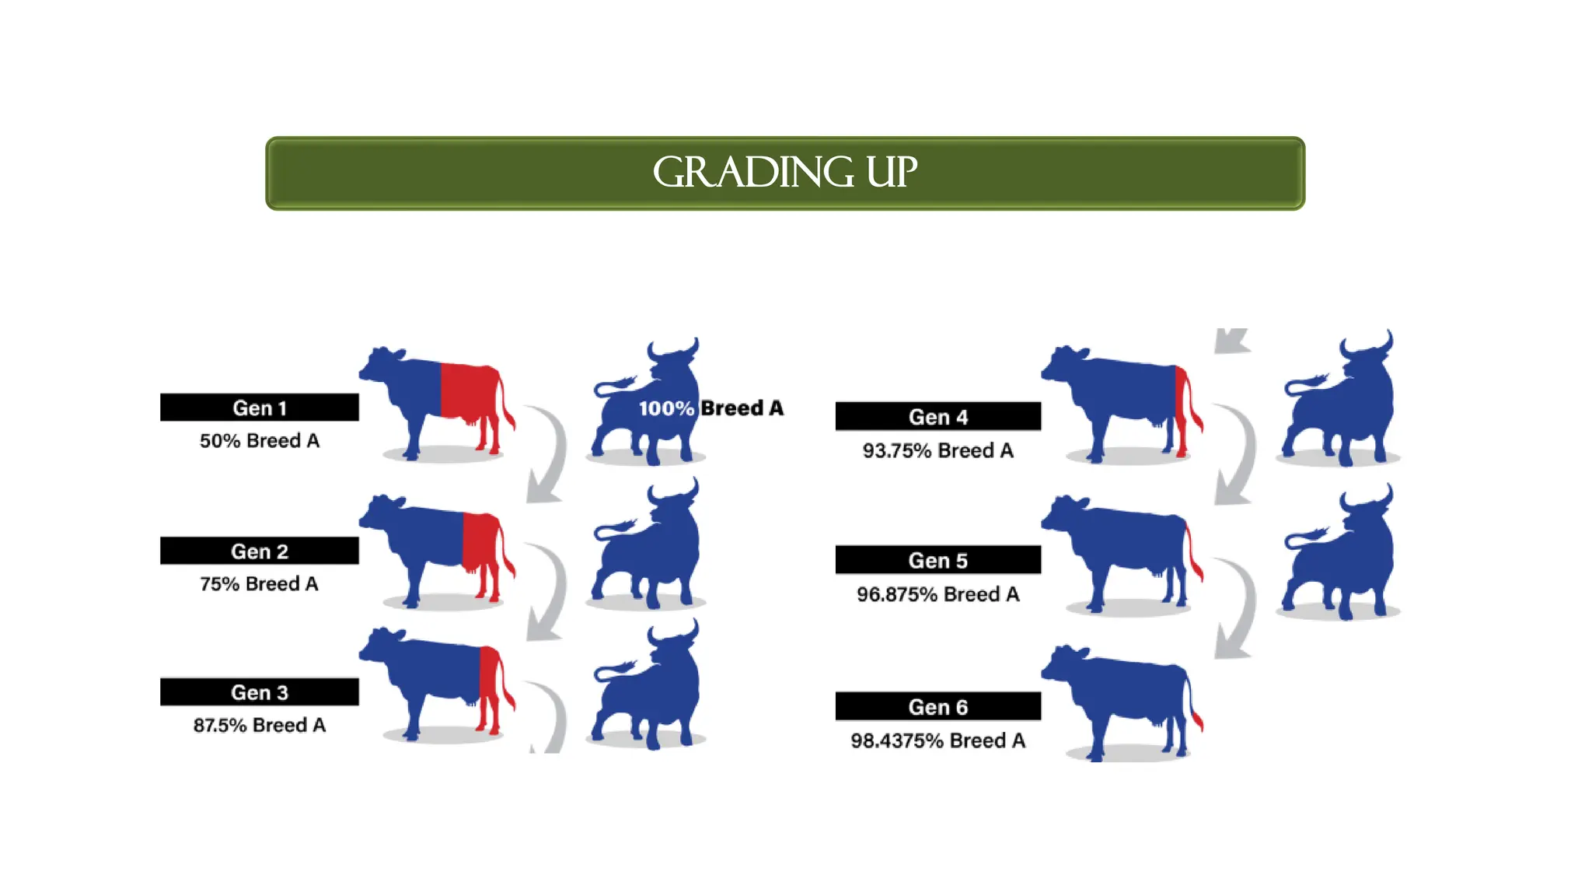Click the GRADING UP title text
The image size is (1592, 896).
(x=784, y=172)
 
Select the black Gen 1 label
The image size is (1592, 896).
(x=259, y=408)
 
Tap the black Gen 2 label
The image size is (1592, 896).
(x=259, y=551)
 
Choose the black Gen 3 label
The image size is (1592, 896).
(x=259, y=692)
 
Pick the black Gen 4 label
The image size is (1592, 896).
(x=937, y=417)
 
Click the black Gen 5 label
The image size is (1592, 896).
(x=937, y=560)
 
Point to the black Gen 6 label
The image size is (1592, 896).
(x=937, y=706)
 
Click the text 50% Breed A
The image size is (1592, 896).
(x=259, y=441)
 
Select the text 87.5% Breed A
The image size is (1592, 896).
(x=259, y=725)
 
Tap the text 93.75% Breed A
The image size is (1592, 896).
(x=937, y=450)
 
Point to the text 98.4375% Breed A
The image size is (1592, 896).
(x=937, y=740)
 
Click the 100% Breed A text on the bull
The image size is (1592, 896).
(x=710, y=408)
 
